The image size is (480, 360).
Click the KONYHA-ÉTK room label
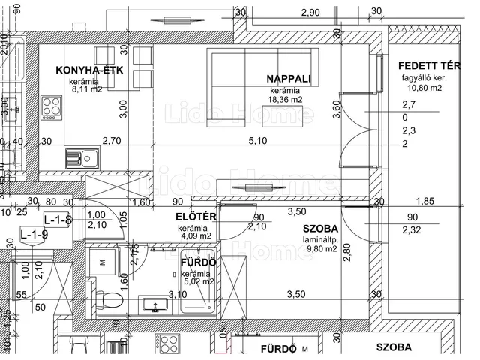pos(94,70)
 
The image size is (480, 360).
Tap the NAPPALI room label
pos(288,79)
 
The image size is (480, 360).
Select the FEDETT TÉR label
pos(429,64)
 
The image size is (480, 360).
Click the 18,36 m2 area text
pos(286,99)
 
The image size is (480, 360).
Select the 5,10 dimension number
pos(257,140)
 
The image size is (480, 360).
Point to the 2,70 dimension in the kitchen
pos(111,140)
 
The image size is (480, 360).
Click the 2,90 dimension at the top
pos(310,12)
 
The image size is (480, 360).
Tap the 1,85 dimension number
pos(424,201)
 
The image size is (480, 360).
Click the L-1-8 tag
pos(58,220)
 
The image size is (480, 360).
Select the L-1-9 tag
pos(33,235)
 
